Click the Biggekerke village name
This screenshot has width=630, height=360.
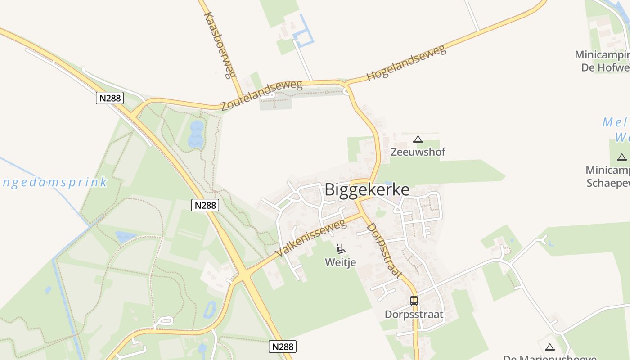367,189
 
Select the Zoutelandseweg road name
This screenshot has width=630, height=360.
261,95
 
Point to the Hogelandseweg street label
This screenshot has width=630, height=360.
406,63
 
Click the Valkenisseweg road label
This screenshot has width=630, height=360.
311,238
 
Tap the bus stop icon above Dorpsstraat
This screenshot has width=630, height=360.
414,301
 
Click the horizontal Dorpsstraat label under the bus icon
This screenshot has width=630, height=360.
414,315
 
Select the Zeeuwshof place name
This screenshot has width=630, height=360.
418,152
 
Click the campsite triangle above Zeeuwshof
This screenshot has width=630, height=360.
418,139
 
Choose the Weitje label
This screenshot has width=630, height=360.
341,262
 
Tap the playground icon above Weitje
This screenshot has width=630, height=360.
341,248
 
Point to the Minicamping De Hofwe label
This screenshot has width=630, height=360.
603,61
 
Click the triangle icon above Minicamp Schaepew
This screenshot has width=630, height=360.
621,157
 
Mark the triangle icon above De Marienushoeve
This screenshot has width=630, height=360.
549,347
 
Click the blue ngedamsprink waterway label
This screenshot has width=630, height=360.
54,183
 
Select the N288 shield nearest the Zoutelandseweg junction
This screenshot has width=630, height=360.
110,98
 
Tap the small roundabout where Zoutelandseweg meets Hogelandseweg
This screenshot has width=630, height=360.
346,91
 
